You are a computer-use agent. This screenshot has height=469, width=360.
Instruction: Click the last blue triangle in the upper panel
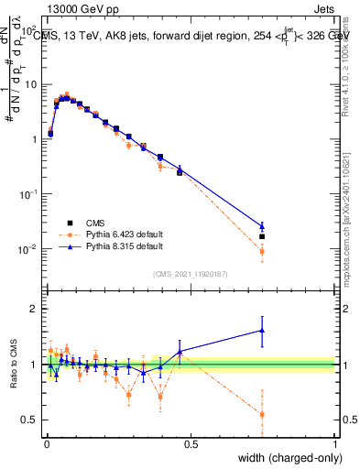pyautogui.click(x=262, y=225)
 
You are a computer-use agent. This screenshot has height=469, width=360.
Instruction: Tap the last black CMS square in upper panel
pyautogui.click(x=262, y=236)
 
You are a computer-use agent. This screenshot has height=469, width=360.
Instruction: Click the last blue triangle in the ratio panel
pyautogui.click(x=262, y=331)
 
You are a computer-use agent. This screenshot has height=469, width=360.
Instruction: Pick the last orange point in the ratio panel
pyautogui.click(x=262, y=414)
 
